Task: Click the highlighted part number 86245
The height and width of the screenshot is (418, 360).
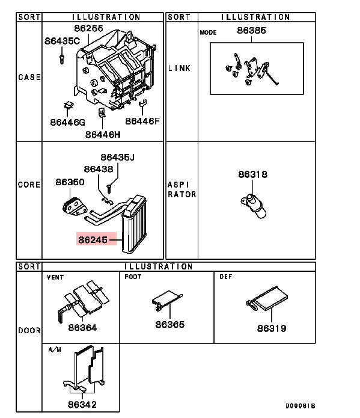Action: point(92,239)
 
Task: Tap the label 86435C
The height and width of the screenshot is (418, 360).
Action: point(62,41)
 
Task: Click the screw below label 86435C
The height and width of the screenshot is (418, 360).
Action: point(62,58)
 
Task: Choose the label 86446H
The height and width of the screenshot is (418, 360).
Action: point(103,134)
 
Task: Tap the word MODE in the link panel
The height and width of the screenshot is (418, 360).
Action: point(208,32)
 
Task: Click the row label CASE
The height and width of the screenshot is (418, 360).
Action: point(29,78)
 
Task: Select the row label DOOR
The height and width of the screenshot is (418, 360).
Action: point(29,330)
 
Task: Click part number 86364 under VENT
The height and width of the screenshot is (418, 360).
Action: point(82,328)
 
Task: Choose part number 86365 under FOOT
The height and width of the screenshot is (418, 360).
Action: point(170,325)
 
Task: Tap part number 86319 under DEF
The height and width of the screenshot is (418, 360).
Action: point(272,328)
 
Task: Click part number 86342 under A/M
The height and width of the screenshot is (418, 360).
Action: point(82,405)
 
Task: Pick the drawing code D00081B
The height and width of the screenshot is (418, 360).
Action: point(300,406)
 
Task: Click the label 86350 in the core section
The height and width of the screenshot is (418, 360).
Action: point(70,181)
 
